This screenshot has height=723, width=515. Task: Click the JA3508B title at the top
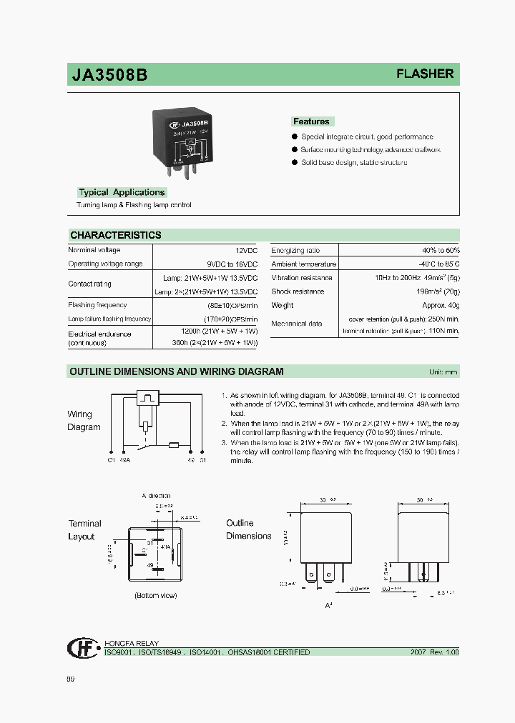click(109, 75)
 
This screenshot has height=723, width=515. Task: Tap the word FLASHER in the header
click(425, 74)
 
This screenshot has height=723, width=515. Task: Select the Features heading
click(311, 121)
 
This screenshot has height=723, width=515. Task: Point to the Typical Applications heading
click(122, 192)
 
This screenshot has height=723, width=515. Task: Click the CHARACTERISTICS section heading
click(115, 235)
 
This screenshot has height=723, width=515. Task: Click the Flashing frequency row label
click(97, 305)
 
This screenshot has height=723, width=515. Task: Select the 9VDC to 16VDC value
click(232, 264)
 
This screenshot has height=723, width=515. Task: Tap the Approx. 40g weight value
click(441, 305)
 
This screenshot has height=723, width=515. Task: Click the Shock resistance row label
click(298, 291)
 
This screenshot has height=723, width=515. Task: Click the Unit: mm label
click(443, 372)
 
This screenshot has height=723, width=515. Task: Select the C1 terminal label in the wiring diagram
click(112, 460)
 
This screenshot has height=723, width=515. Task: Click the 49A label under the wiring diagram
click(126, 460)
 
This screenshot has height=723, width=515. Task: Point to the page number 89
click(70, 679)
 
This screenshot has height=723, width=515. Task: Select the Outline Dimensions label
click(249, 529)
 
